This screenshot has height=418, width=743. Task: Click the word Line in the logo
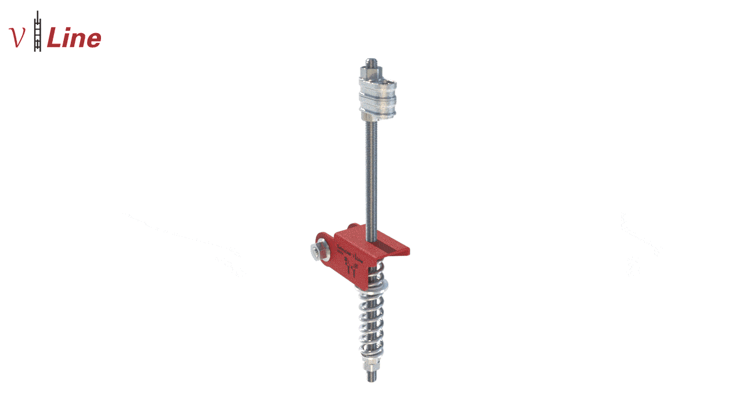(74, 38)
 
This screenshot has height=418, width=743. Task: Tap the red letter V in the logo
(17, 37)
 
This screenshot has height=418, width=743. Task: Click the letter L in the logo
(55, 38)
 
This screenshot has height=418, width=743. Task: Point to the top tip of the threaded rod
(372, 59)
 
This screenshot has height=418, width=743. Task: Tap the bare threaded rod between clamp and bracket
(371, 179)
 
